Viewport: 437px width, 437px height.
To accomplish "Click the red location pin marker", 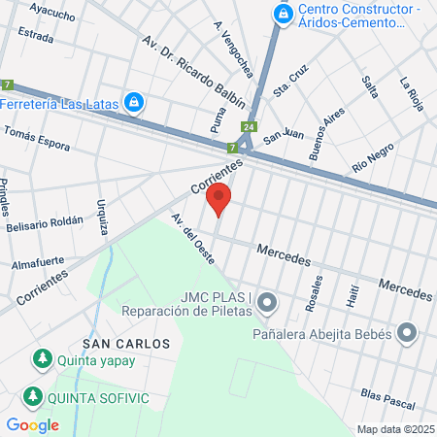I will (219, 198).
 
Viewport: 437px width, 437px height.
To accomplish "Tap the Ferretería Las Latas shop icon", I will (136, 102).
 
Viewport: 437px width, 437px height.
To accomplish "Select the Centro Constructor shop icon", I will (283, 14).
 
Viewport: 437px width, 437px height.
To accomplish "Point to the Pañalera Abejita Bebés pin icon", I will (408, 335).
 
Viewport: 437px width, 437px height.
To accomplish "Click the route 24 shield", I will (251, 127).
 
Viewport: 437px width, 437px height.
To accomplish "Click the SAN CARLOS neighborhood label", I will (126, 344).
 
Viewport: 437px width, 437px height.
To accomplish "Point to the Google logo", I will (32, 424).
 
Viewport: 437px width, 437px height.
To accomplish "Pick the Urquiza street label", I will (102, 218).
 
